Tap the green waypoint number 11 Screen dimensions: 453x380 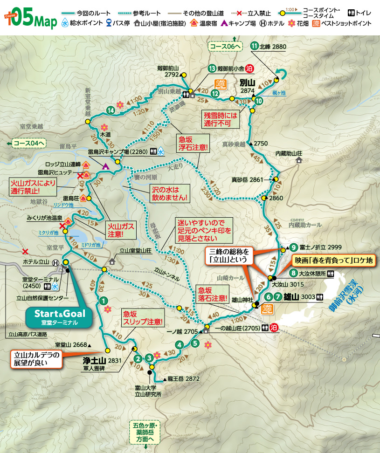(x=254, y=46)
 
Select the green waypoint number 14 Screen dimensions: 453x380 (x=111, y=110)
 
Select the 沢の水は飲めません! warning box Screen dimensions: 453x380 (x=170, y=193)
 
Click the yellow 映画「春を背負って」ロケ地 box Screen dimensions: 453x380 (x=333, y=261)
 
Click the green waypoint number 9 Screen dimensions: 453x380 (x=293, y=247)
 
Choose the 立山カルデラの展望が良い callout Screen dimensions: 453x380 (x=37, y=359)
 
